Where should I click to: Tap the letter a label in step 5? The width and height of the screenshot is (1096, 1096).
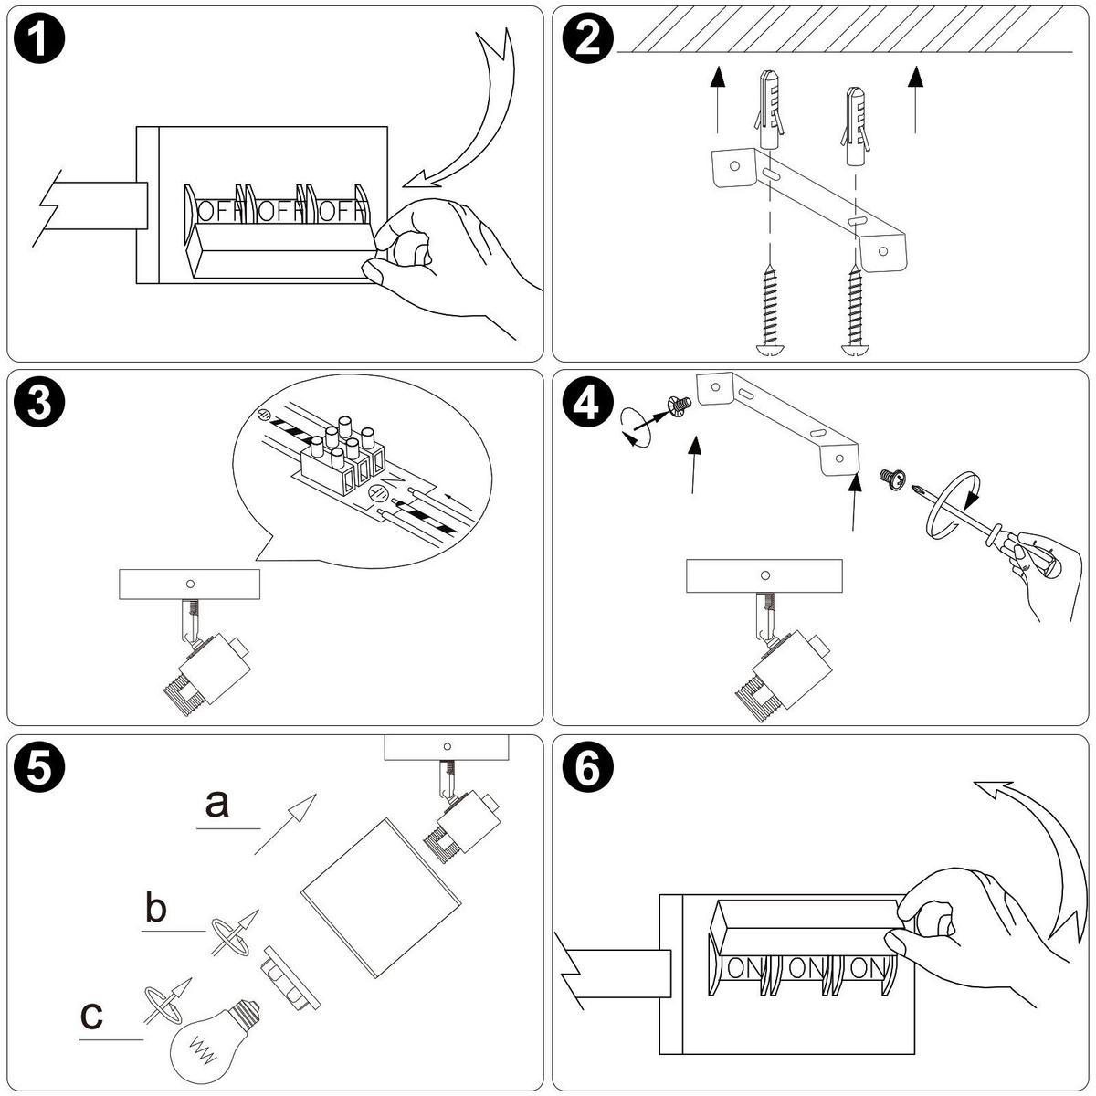point(217,805)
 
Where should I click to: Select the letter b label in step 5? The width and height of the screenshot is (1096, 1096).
point(156,910)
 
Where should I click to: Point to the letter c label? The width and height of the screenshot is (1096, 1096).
point(92,1014)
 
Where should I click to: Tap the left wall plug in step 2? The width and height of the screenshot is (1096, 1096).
point(769,114)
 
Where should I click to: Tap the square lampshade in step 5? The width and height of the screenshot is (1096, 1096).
point(379,895)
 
